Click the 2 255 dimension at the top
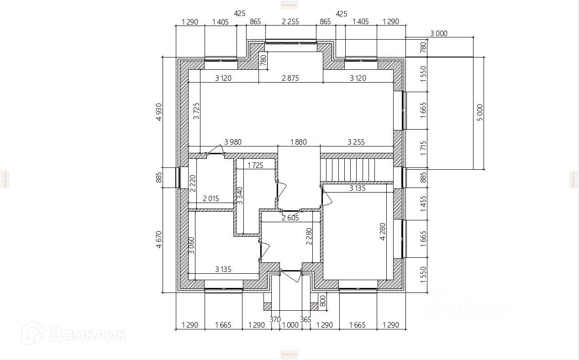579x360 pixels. tap(290, 21)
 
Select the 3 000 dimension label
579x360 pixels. tap(439, 33)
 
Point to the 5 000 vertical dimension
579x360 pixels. tap(479, 112)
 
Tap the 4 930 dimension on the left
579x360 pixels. tap(159, 112)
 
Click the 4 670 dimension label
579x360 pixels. tap(159, 239)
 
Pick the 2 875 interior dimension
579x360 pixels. tap(290, 78)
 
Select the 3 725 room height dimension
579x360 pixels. tap(196, 111)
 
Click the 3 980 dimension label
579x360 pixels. tap(233, 142)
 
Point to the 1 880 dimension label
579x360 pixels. tap(298, 142)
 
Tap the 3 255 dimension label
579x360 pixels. tap(356, 142)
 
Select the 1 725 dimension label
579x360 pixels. tap(255, 165)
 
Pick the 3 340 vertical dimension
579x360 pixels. tap(240, 195)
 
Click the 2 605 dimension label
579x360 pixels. tap(290, 218)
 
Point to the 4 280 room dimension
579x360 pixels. tap(383, 231)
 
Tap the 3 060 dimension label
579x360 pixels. tap(191, 245)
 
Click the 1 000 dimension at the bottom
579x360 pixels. tap(290, 325)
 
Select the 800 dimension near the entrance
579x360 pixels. tap(322, 301)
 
